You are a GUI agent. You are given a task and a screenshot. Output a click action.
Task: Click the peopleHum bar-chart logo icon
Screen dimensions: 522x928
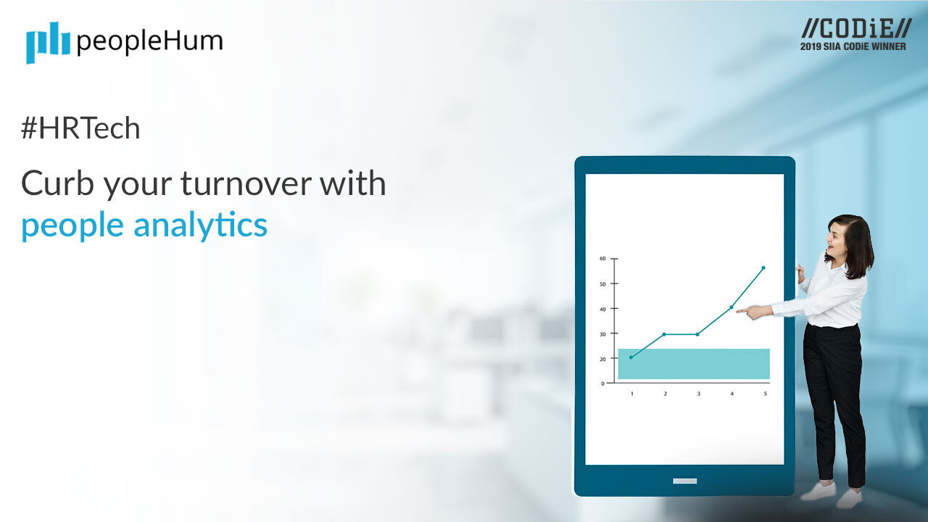[x=48, y=42]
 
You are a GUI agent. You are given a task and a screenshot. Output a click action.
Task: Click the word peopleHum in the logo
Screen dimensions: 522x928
[x=149, y=41]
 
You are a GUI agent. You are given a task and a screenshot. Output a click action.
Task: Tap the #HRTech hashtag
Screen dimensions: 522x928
[x=80, y=128]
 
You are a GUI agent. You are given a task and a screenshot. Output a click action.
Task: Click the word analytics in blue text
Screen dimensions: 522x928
[x=200, y=225]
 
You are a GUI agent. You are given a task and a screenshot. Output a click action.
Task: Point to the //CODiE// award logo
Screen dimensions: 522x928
[x=855, y=29]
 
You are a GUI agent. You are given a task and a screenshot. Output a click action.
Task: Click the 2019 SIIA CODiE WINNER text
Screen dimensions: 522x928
[x=853, y=46]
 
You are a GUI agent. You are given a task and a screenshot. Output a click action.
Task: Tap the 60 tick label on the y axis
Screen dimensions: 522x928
[x=602, y=258]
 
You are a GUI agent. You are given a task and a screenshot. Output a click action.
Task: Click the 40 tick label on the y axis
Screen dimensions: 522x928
[x=602, y=308]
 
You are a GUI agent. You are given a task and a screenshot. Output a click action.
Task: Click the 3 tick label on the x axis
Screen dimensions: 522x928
[x=698, y=394]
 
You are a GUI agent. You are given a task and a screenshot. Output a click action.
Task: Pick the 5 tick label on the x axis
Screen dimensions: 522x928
[x=765, y=394]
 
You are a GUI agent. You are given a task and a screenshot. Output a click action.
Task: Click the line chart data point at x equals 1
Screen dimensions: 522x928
[x=631, y=357]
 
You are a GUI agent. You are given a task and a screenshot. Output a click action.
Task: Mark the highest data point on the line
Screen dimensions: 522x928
[x=763, y=268]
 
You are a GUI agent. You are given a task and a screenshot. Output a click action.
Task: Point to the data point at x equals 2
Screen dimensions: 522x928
[x=664, y=334]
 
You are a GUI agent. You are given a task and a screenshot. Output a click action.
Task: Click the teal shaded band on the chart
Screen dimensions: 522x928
[x=693, y=364]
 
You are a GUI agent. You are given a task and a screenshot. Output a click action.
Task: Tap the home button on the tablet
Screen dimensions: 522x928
[x=684, y=481]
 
